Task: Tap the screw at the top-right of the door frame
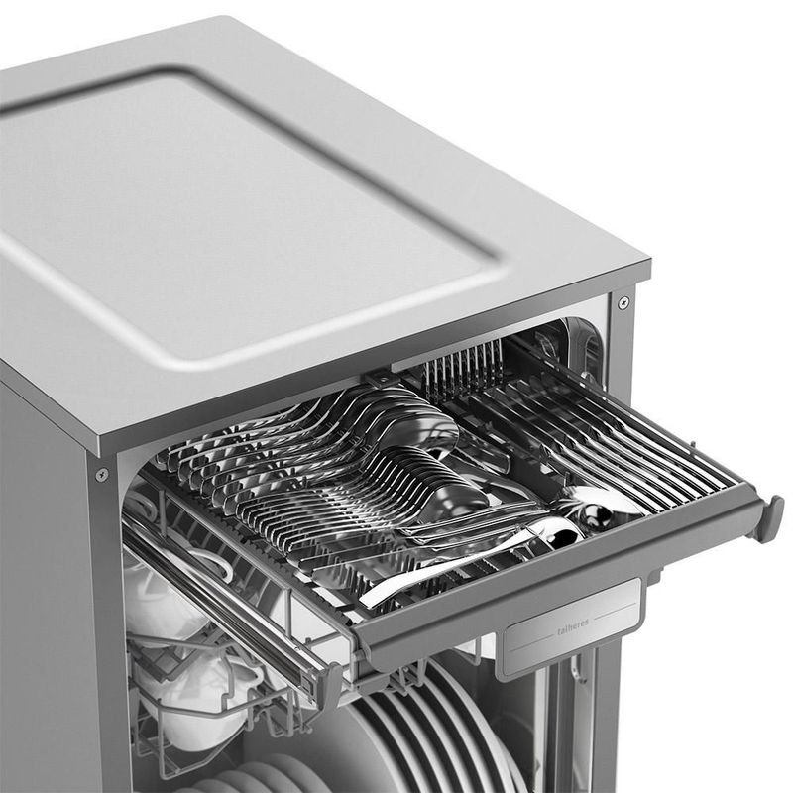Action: click(624, 302)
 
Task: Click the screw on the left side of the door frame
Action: click(102, 475)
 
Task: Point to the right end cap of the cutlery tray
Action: click(765, 519)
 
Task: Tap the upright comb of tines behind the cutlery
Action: click(464, 368)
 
